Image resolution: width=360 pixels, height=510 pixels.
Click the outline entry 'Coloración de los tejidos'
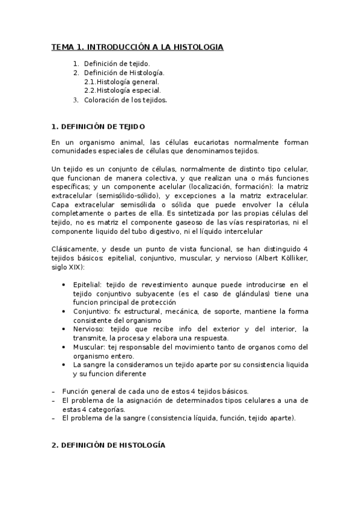pyautogui.click(x=125, y=100)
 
